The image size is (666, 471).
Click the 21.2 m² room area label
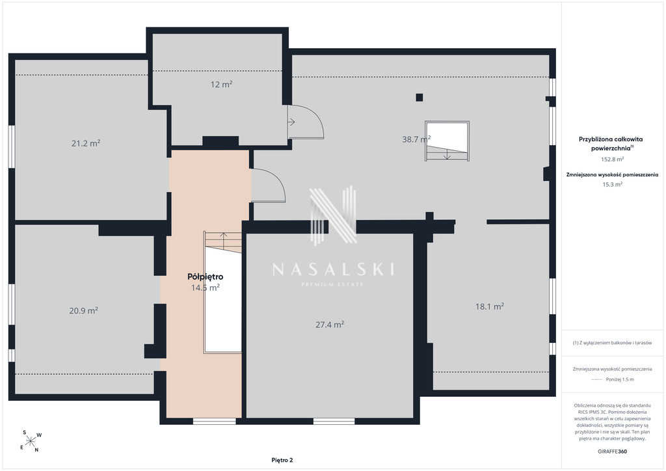pyautogui.click(x=86, y=143)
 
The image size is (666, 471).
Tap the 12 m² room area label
pyautogui.click(x=221, y=84)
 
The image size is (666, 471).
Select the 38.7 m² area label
pyautogui.click(x=416, y=139)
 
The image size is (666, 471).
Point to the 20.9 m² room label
pyautogui.click(x=84, y=310)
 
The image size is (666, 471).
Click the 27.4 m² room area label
pyautogui.click(x=330, y=325)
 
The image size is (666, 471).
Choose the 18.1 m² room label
pyautogui.click(x=490, y=306)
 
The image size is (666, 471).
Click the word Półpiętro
pyautogui.click(x=205, y=276)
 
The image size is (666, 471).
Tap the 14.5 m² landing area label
pyautogui.click(x=205, y=288)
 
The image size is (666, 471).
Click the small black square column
pyautogui.click(x=420, y=98)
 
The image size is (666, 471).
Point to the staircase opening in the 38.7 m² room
pyautogui.click(x=447, y=141)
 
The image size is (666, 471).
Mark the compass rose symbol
pyautogui.click(x=31, y=441)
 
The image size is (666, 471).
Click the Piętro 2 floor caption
pyautogui.click(x=282, y=460)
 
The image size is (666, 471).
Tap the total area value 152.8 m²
pyautogui.click(x=612, y=159)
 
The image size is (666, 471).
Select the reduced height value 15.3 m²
pyautogui.click(x=612, y=184)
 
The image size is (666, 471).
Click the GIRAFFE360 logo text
pyautogui.click(x=612, y=451)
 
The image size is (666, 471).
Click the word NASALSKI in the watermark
pyautogui.click(x=333, y=269)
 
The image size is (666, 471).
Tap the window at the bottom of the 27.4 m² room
pyautogui.click(x=334, y=421)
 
